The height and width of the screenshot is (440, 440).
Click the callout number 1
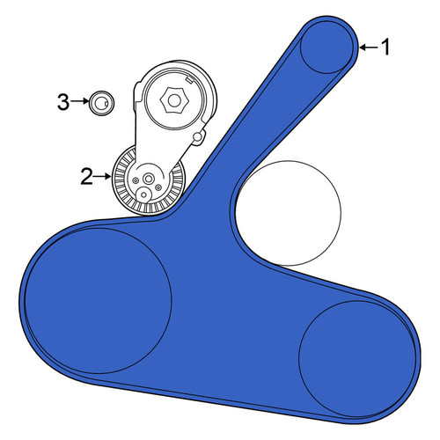pos(385,47)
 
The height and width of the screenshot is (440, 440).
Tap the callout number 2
pos(87,177)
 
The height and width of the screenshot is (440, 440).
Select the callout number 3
pos(63,102)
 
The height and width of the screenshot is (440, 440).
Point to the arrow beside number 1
pos(369,47)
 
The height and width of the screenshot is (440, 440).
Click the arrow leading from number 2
pos(103,176)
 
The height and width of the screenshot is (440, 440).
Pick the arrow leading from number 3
pos(80,101)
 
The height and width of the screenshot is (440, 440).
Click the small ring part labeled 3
pos(101,103)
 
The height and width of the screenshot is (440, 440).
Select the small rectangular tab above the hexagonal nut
pos(189,79)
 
